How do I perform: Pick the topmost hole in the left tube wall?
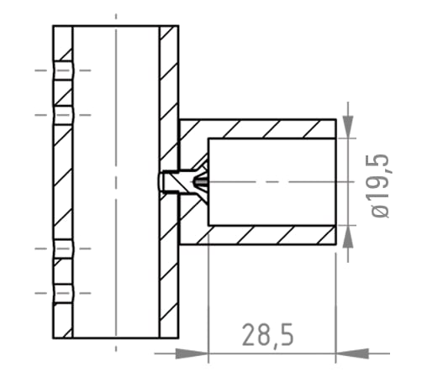[x=63, y=70]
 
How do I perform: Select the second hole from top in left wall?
[x=63, y=115]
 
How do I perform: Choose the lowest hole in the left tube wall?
[x=63, y=293]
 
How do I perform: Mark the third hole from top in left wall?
[x=63, y=249]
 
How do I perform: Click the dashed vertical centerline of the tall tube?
[x=115, y=210]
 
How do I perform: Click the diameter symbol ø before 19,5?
[x=380, y=210]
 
